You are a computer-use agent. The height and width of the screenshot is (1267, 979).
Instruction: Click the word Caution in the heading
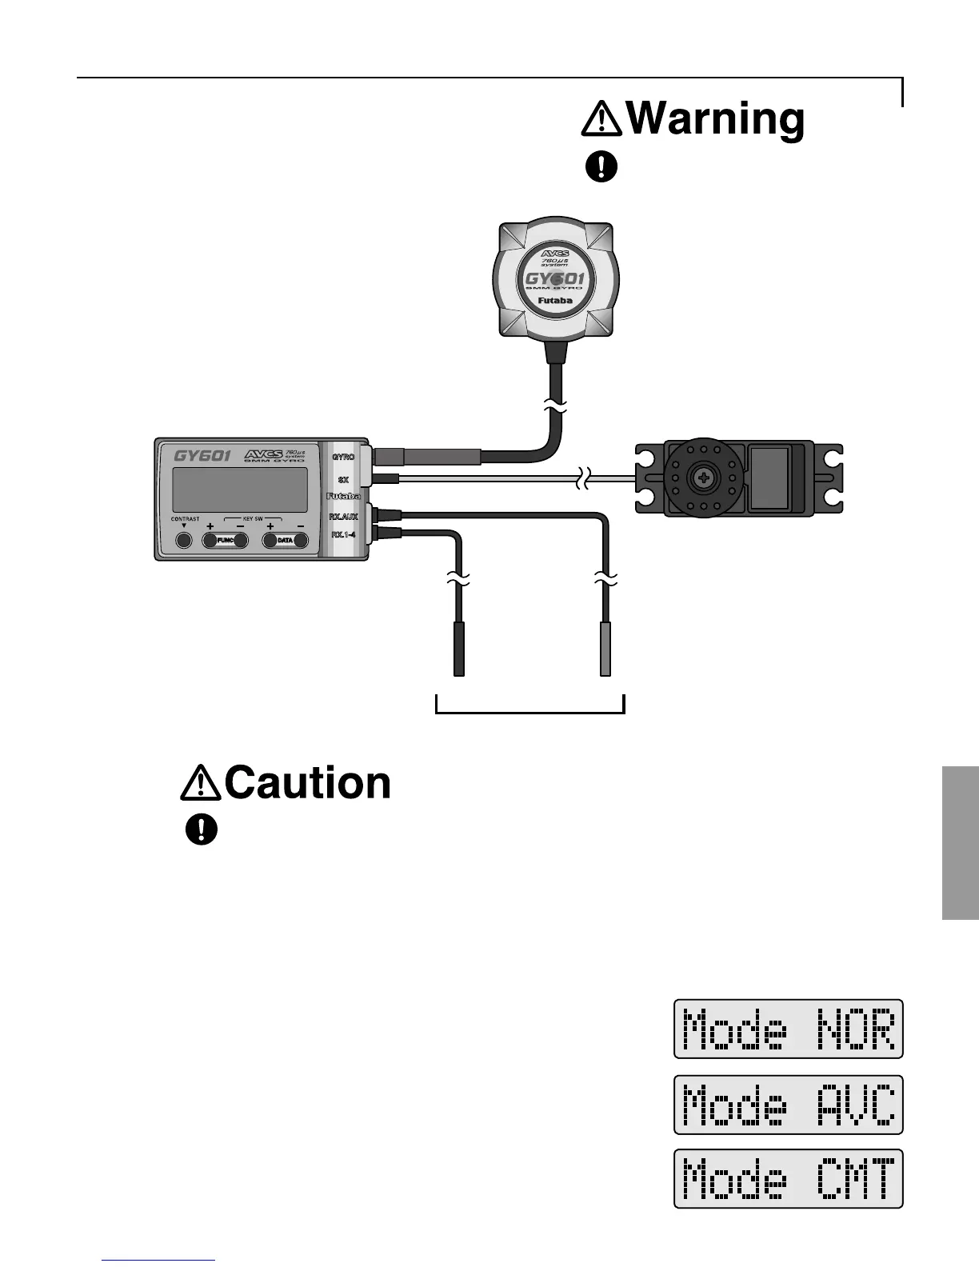coord(308,782)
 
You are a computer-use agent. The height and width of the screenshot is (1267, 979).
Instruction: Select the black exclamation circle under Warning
coord(601,166)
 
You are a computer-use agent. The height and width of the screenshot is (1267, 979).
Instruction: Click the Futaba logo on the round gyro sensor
coord(555,302)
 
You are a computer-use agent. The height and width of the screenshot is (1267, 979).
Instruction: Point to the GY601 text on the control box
coord(202,456)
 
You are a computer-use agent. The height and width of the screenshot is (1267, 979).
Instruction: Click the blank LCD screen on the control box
coord(240,490)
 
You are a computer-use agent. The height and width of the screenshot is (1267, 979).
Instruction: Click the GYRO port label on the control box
coord(343,458)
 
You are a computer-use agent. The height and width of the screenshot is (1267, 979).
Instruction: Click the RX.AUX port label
coord(343,517)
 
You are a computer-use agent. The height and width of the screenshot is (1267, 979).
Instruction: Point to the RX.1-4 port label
coord(343,534)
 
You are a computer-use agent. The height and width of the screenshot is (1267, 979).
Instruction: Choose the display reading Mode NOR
coord(789,1029)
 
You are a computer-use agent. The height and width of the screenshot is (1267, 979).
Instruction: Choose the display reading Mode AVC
coord(789,1105)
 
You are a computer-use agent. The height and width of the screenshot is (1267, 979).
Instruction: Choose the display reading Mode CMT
coord(789,1179)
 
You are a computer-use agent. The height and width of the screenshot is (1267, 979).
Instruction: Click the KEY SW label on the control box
coord(253,519)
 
